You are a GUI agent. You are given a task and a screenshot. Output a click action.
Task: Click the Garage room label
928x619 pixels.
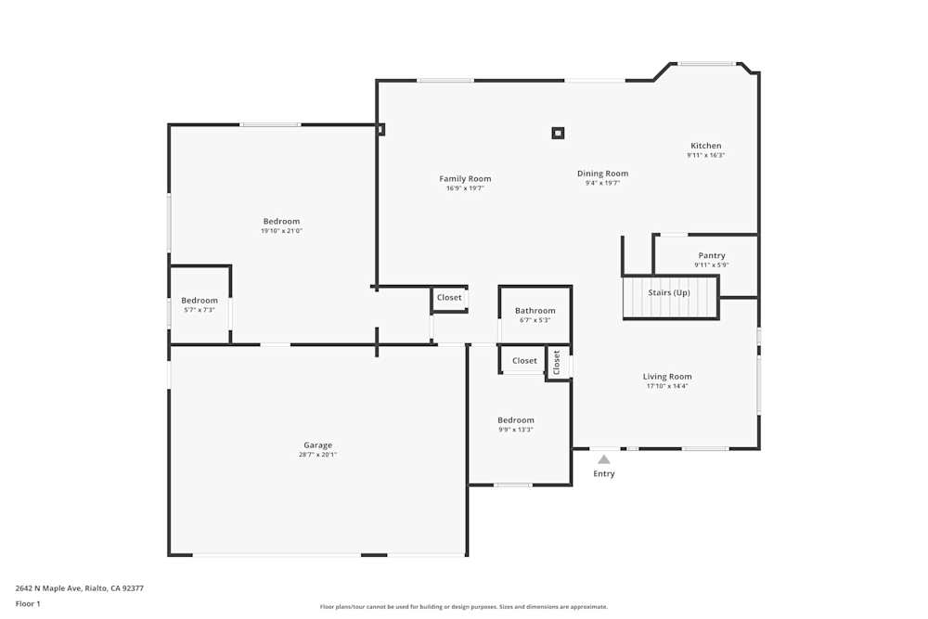(x=317, y=445)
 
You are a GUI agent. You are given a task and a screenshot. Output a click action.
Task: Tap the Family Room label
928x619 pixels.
(x=465, y=179)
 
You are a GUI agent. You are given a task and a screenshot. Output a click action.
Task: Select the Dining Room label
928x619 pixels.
(x=602, y=174)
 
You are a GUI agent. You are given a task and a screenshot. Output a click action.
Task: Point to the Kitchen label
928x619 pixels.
(x=705, y=146)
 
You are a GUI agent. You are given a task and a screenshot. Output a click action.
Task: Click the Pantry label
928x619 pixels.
(x=712, y=255)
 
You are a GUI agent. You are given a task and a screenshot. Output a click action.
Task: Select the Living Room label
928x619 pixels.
(x=667, y=377)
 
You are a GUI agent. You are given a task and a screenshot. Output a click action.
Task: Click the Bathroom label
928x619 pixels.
(x=535, y=311)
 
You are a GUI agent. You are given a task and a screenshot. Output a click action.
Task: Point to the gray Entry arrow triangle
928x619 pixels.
(x=604, y=458)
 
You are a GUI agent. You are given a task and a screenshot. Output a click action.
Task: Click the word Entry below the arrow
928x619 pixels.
(x=604, y=474)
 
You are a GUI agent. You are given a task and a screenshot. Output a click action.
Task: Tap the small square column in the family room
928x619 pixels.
(x=558, y=133)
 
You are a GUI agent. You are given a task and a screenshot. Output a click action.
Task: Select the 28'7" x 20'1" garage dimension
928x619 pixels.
(x=317, y=455)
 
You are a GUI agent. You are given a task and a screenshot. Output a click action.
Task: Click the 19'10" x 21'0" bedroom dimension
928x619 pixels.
(x=281, y=231)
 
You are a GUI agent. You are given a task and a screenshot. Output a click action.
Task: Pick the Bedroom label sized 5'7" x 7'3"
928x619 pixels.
(x=199, y=301)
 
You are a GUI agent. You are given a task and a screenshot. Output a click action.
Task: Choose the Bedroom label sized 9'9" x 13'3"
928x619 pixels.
(x=516, y=420)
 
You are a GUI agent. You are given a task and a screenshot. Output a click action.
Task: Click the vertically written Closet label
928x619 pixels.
(x=557, y=362)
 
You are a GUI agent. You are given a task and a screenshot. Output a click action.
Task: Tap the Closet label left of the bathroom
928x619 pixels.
(x=449, y=298)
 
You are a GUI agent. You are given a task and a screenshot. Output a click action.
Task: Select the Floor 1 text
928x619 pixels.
(x=28, y=603)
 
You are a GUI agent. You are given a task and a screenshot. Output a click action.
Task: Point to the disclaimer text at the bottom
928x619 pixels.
(x=464, y=607)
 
